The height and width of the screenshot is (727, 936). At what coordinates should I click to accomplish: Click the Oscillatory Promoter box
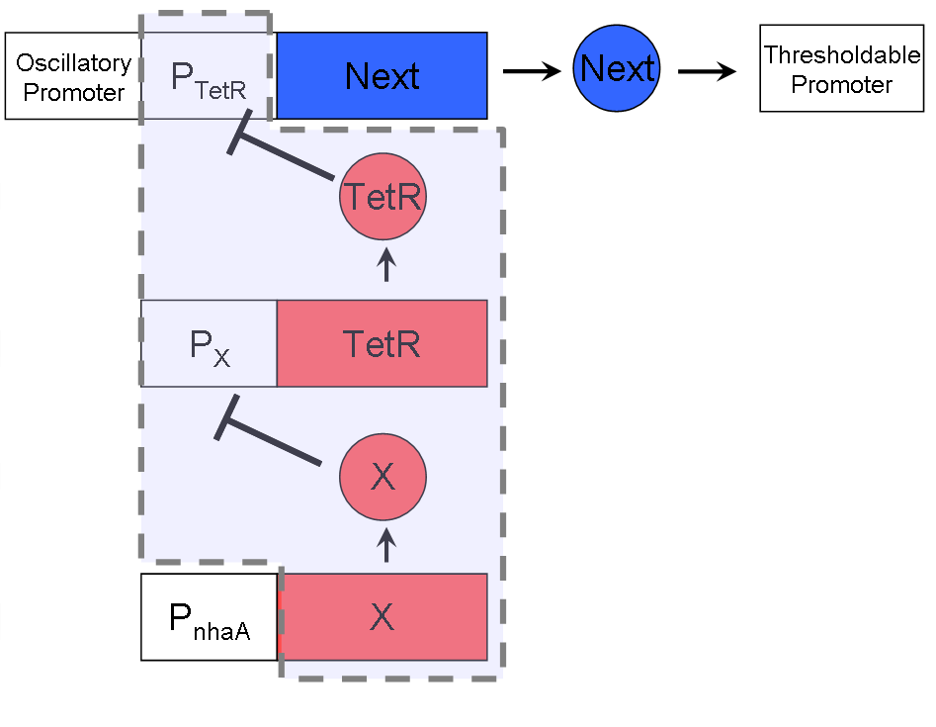(73, 76)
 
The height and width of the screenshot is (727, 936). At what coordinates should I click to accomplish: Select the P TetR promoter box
(208, 76)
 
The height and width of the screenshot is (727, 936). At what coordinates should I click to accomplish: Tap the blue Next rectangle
(382, 76)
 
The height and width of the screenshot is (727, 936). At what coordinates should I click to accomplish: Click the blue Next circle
(618, 69)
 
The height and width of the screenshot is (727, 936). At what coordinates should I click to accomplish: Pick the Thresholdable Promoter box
(842, 69)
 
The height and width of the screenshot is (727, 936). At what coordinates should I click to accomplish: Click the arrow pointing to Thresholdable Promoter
(708, 71)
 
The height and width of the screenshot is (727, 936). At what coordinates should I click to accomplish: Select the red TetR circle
(383, 198)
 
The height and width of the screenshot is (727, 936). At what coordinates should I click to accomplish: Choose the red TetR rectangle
(382, 343)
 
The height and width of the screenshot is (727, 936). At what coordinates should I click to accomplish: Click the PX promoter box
(209, 343)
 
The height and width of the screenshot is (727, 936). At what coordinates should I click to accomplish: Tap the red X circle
(383, 478)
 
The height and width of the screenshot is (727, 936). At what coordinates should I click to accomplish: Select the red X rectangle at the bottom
(383, 617)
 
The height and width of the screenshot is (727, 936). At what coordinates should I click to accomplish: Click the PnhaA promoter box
(209, 617)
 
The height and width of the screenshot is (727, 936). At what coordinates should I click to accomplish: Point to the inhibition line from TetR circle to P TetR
(287, 158)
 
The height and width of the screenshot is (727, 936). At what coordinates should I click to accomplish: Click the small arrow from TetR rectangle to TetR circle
(386, 265)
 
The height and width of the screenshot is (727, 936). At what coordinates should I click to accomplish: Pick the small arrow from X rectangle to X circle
(386, 544)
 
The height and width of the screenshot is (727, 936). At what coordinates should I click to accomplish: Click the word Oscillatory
(73, 63)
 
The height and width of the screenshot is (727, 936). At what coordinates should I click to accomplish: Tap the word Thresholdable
(842, 54)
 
